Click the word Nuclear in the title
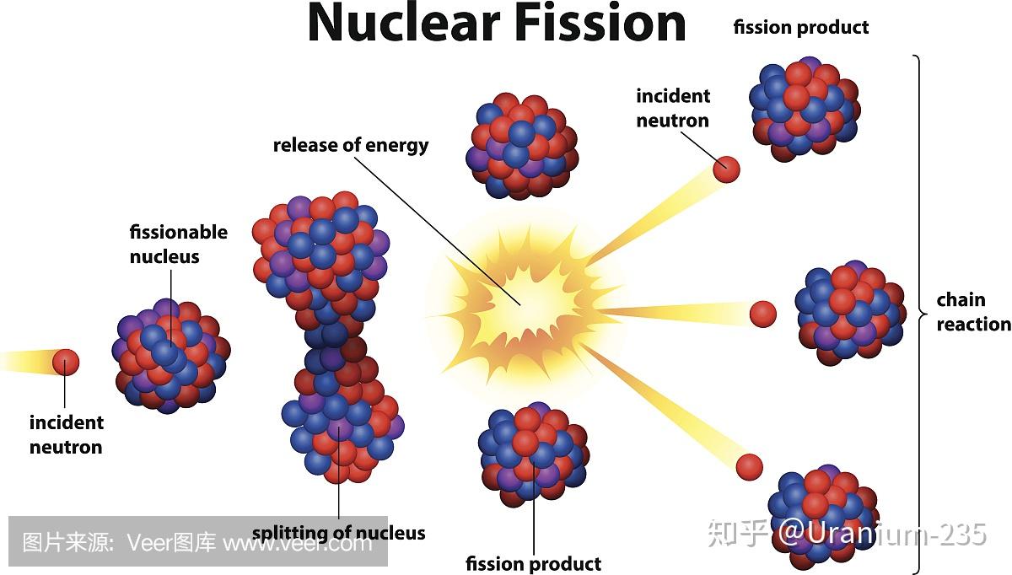point(403,23)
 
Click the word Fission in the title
point(600,23)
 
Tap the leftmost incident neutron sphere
point(66,363)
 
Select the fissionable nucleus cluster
point(170,356)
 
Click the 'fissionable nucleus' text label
point(179,245)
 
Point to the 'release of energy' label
point(351,146)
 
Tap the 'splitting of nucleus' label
point(339,533)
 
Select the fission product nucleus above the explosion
point(522,146)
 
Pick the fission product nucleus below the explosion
point(534,454)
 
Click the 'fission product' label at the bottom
point(533,564)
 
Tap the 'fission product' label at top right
point(800,28)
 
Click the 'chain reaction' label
point(973,312)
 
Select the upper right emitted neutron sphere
point(726,169)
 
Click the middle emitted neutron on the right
point(763,314)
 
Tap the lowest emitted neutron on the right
point(750,467)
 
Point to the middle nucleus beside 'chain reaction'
point(850,313)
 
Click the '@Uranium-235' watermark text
point(882,534)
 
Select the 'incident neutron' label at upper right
point(673,109)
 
